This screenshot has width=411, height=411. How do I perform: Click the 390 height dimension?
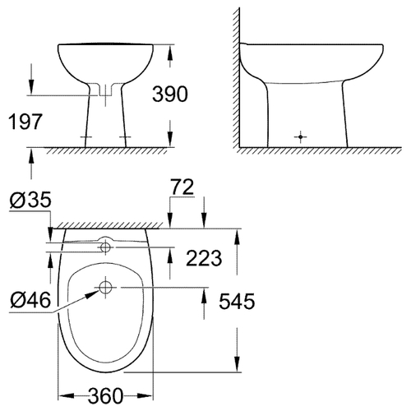coord(170,94)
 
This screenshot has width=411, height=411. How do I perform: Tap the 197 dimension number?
coord(25,122)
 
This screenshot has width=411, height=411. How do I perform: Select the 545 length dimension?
coord(237,301)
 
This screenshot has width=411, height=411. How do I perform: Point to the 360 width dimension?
coord(105,395)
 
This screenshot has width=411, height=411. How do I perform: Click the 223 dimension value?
coord(204,258)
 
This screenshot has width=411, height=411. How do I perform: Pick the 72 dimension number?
coord(182,187)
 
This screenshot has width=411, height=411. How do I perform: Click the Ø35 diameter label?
coord(30,200)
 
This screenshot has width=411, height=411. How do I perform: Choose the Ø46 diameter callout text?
coord(30,300)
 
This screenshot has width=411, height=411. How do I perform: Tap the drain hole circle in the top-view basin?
coord(105,288)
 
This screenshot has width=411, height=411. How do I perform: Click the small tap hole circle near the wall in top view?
coord(105,247)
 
